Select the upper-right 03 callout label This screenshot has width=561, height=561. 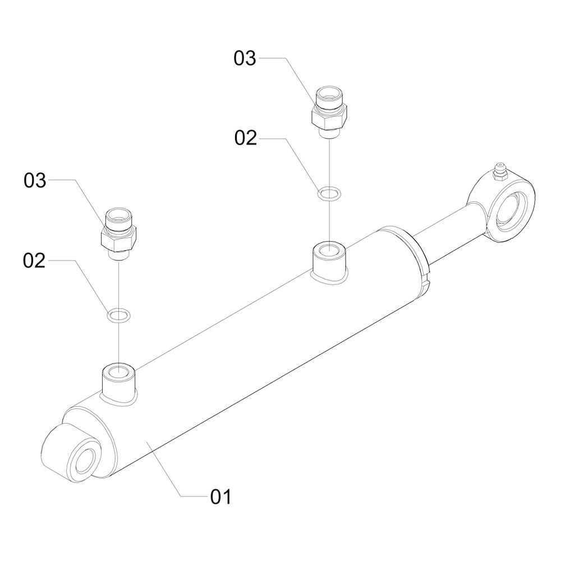pyautogui.click(x=245, y=58)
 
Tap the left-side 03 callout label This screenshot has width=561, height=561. pyautogui.click(x=34, y=181)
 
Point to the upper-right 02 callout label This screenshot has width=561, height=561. pyautogui.click(x=245, y=138)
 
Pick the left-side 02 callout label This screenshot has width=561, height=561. pyautogui.click(x=34, y=261)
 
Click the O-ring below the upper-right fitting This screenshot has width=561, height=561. pyautogui.click(x=328, y=194)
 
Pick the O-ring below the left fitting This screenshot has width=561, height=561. pyautogui.click(x=118, y=315)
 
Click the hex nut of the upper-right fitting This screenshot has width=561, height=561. pyautogui.click(x=328, y=118)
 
